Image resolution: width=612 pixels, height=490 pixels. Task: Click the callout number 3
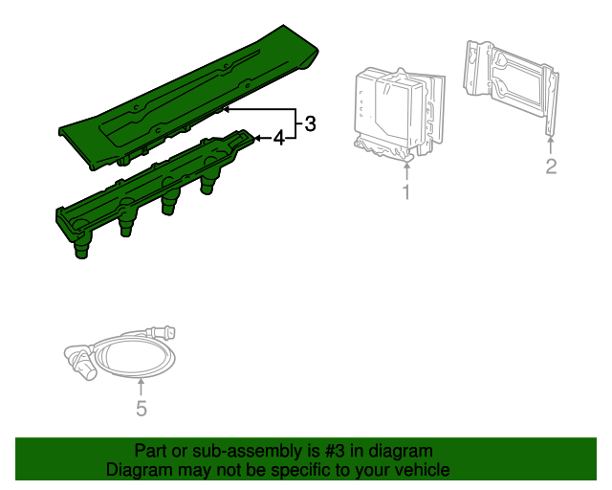[x=310, y=123]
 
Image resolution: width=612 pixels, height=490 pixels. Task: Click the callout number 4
[x=279, y=138]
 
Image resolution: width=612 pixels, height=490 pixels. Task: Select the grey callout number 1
[x=406, y=192]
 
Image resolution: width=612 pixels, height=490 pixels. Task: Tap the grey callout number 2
[x=551, y=167]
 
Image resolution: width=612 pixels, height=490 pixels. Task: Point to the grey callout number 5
[x=142, y=409]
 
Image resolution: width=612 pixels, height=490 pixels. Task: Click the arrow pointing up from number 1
[x=406, y=172]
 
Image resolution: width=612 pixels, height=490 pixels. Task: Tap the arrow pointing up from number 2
[x=551, y=145]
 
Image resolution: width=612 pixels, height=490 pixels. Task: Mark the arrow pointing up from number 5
[x=141, y=388]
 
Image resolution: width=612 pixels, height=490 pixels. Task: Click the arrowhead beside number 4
[x=257, y=138]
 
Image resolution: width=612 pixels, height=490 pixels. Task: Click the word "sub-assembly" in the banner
[x=247, y=451]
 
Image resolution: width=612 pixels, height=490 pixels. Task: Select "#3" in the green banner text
[x=335, y=451]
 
